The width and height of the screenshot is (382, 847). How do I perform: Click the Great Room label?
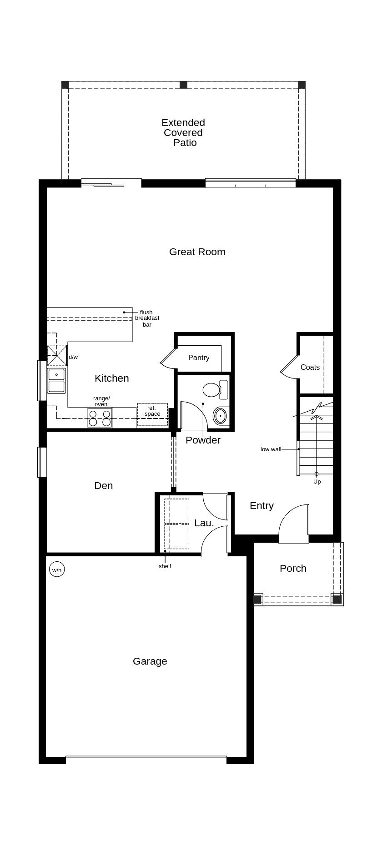[x=197, y=252]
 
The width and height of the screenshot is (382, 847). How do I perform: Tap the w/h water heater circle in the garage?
[x=57, y=570]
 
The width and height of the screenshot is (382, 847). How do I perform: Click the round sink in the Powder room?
[x=220, y=416]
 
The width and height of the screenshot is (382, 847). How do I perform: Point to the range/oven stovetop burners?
[x=100, y=418]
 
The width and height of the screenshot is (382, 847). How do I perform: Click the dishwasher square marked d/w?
[x=57, y=356]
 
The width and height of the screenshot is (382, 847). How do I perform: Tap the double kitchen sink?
[x=56, y=381]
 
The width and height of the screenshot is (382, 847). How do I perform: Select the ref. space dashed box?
[x=152, y=414]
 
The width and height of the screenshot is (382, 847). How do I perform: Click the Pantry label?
[x=199, y=358]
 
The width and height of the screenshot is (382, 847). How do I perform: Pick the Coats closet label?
[x=310, y=368]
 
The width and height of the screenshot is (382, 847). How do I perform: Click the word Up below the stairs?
[x=317, y=482]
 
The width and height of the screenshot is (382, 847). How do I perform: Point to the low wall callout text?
[x=271, y=449]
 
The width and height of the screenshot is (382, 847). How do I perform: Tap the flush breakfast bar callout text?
[x=147, y=318]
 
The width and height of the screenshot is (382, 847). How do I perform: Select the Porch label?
[x=293, y=569]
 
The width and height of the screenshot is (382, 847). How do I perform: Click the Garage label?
[x=150, y=661]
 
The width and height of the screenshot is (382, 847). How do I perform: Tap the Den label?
[x=103, y=486]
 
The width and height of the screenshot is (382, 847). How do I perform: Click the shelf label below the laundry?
[x=165, y=566]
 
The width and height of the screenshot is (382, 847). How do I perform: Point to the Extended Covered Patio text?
[x=183, y=133]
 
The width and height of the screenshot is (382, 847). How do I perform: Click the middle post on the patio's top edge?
[x=183, y=85]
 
